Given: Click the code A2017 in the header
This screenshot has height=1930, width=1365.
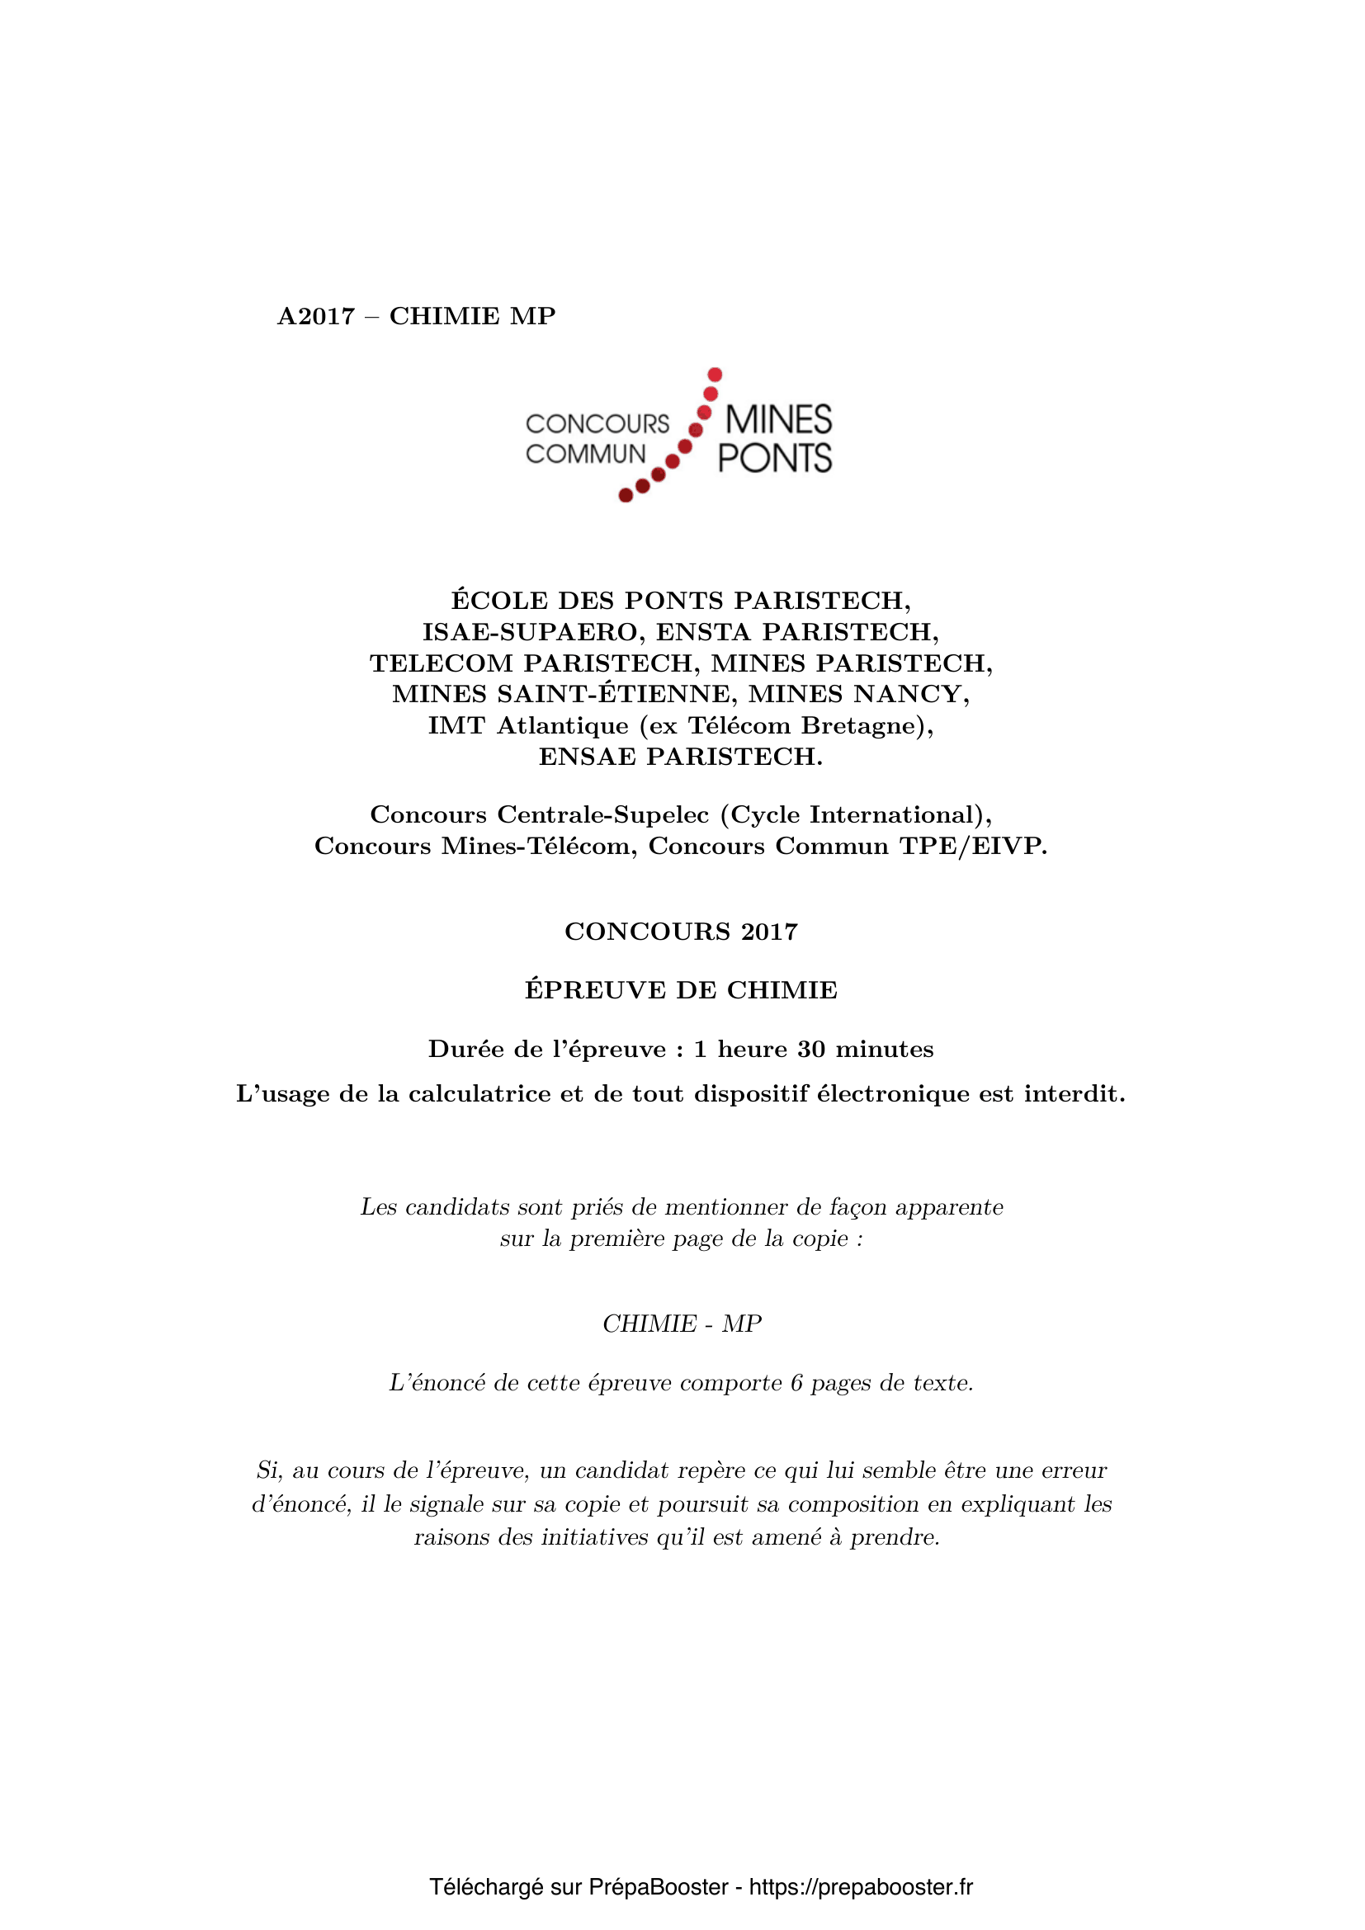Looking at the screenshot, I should coord(316,316).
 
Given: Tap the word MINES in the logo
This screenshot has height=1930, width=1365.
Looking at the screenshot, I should coord(777,419).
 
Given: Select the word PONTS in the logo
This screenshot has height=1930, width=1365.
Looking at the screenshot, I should coord(774,458).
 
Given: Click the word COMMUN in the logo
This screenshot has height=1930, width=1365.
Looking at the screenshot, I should coord(585,454).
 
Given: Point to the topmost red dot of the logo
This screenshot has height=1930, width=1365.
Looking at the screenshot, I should coord(716,374).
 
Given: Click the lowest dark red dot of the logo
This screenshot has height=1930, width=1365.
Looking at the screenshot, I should coord(626,496).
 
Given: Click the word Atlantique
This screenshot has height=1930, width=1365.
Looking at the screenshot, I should coord(562,725).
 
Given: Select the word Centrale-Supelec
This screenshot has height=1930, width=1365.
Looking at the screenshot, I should coord(602,814).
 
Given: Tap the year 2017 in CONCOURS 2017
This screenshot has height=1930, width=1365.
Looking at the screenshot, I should coord(769,932).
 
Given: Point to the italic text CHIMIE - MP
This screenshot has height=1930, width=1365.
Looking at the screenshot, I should coord(682,1324).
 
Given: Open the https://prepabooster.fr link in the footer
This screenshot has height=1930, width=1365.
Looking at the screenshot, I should coord(861,1887).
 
